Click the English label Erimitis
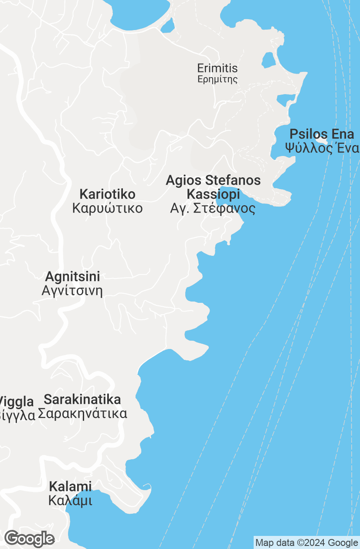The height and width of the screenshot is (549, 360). [217, 68]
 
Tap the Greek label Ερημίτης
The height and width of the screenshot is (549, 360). [217, 79]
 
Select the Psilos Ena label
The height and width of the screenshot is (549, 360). [322, 134]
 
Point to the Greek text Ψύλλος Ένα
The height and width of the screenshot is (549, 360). [322, 148]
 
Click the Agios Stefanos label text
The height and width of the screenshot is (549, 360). [213, 180]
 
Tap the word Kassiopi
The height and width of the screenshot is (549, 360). [213, 194]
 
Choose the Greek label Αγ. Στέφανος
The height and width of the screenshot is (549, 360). [213, 208]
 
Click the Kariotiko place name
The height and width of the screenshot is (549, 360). [107, 194]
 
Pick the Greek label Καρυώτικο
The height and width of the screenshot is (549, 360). [107, 208]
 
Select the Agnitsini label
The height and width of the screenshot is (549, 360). [72, 277]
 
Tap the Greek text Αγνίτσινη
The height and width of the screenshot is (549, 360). [72, 291]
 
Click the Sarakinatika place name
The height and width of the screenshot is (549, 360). [82, 399]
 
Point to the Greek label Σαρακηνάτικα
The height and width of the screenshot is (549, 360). [82, 413]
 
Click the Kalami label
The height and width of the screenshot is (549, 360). [70, 487]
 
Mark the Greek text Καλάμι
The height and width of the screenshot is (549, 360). [70, 501]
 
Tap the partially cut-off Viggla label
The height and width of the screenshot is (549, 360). [17, 401]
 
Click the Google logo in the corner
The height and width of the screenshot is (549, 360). [29, 539]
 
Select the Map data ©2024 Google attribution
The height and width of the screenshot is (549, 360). [306, 543]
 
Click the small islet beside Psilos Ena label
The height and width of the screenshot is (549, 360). [322, 141]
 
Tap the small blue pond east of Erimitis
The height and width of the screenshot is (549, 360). [268, 60]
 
